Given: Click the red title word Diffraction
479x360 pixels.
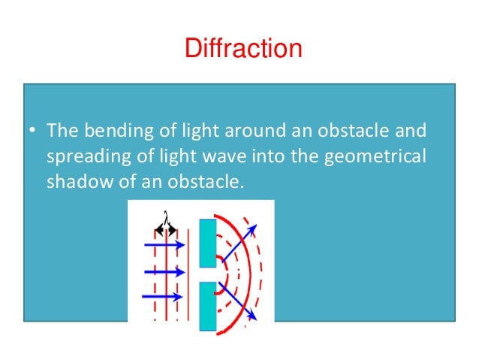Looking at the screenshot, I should pos(243,50).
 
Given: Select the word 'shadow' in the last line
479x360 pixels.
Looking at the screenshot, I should pos(75,180).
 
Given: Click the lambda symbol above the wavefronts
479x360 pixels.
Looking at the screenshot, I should pos(164,215).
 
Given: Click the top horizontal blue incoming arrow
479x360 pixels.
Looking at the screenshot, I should pos(164,245).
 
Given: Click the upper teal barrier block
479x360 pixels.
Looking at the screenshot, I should pos(207,241).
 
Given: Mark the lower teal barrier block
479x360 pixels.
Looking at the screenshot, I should pos(207,306).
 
